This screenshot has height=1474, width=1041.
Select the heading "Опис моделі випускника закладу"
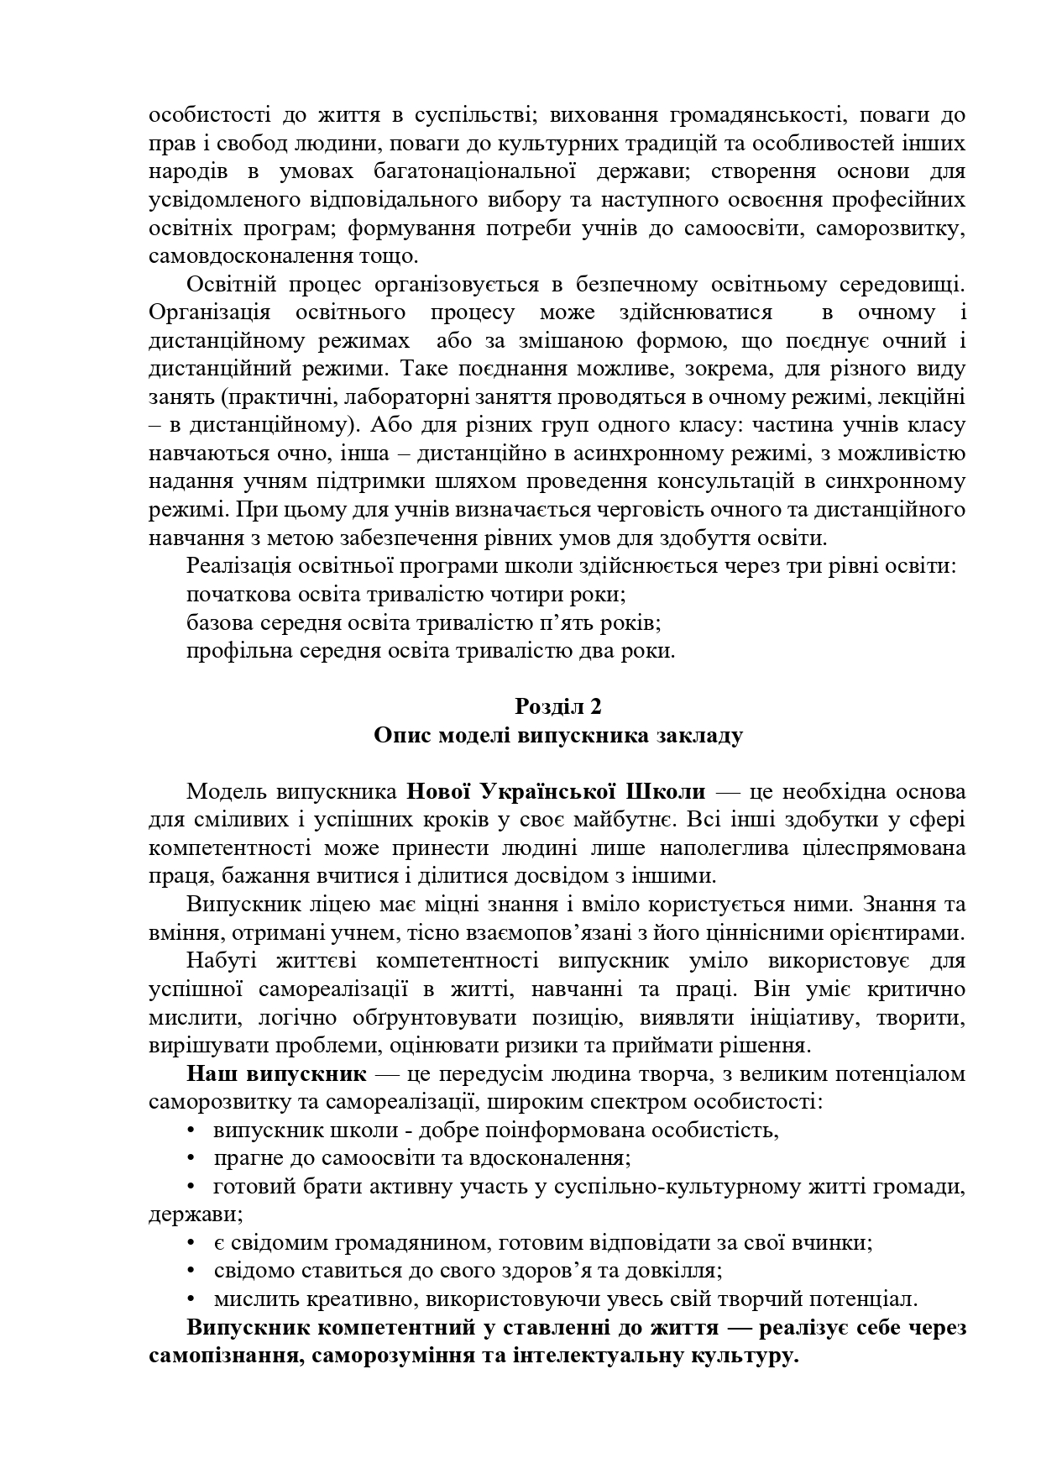(x=558, y=735)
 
